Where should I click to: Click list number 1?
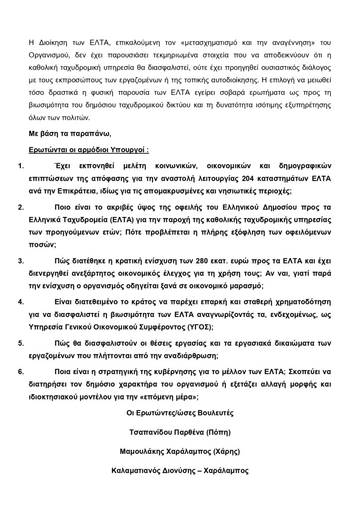(20, 166)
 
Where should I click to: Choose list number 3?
(20, 260)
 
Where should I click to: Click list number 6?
(20, 371)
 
